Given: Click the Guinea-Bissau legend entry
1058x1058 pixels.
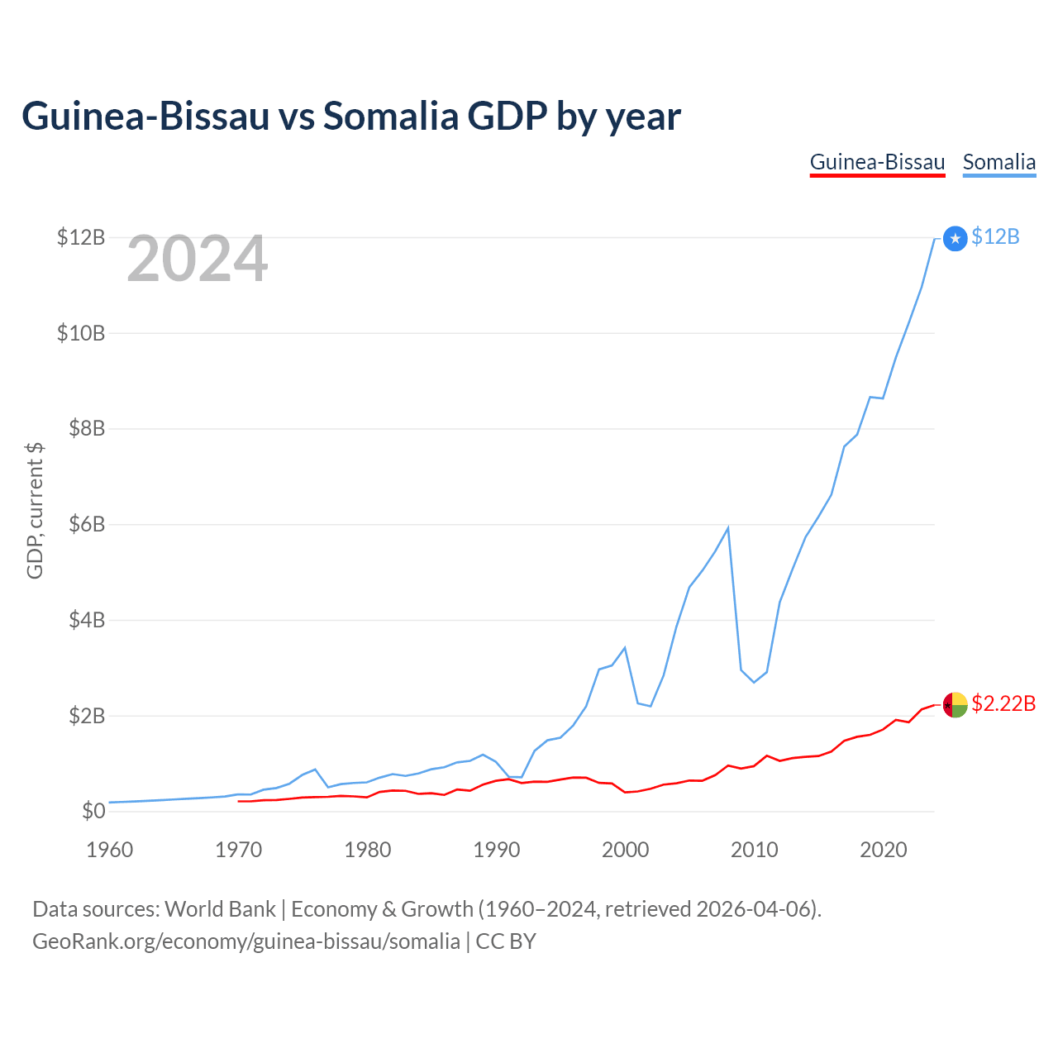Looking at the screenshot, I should (x=877, y=162).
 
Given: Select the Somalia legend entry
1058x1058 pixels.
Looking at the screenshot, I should (x=998, y=162).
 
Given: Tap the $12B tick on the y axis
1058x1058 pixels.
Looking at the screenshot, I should (x=81, y=237).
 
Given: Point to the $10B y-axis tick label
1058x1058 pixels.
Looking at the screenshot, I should (x=81, y=333).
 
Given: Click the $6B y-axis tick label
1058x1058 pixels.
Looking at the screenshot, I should (x=86, y=524).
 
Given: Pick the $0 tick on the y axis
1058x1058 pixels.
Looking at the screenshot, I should (x=93, y=811).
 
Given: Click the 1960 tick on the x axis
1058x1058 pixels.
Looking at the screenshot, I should (x=109, y=850).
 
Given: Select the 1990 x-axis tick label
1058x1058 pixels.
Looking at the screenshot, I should (x=496, y=850).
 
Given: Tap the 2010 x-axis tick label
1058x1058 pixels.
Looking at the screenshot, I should (x=754, y=850).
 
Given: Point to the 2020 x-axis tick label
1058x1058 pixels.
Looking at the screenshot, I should (x=883, y=850).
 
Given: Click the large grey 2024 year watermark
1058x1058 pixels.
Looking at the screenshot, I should (x=197, y=260).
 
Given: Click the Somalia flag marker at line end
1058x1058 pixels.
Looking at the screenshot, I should (x=955, y=239).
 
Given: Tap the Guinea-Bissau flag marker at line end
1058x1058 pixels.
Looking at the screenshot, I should (x=955, y=705).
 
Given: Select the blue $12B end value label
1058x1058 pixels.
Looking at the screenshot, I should (x=995, y=237).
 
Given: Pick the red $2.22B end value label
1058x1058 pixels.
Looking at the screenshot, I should (x=1003, y=703).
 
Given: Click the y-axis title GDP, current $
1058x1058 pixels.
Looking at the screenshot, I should (x=35, y=511).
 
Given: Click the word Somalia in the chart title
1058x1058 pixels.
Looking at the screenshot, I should (x=390, y=116).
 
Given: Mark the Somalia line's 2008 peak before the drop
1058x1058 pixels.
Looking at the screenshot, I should (x=727, y=527).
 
